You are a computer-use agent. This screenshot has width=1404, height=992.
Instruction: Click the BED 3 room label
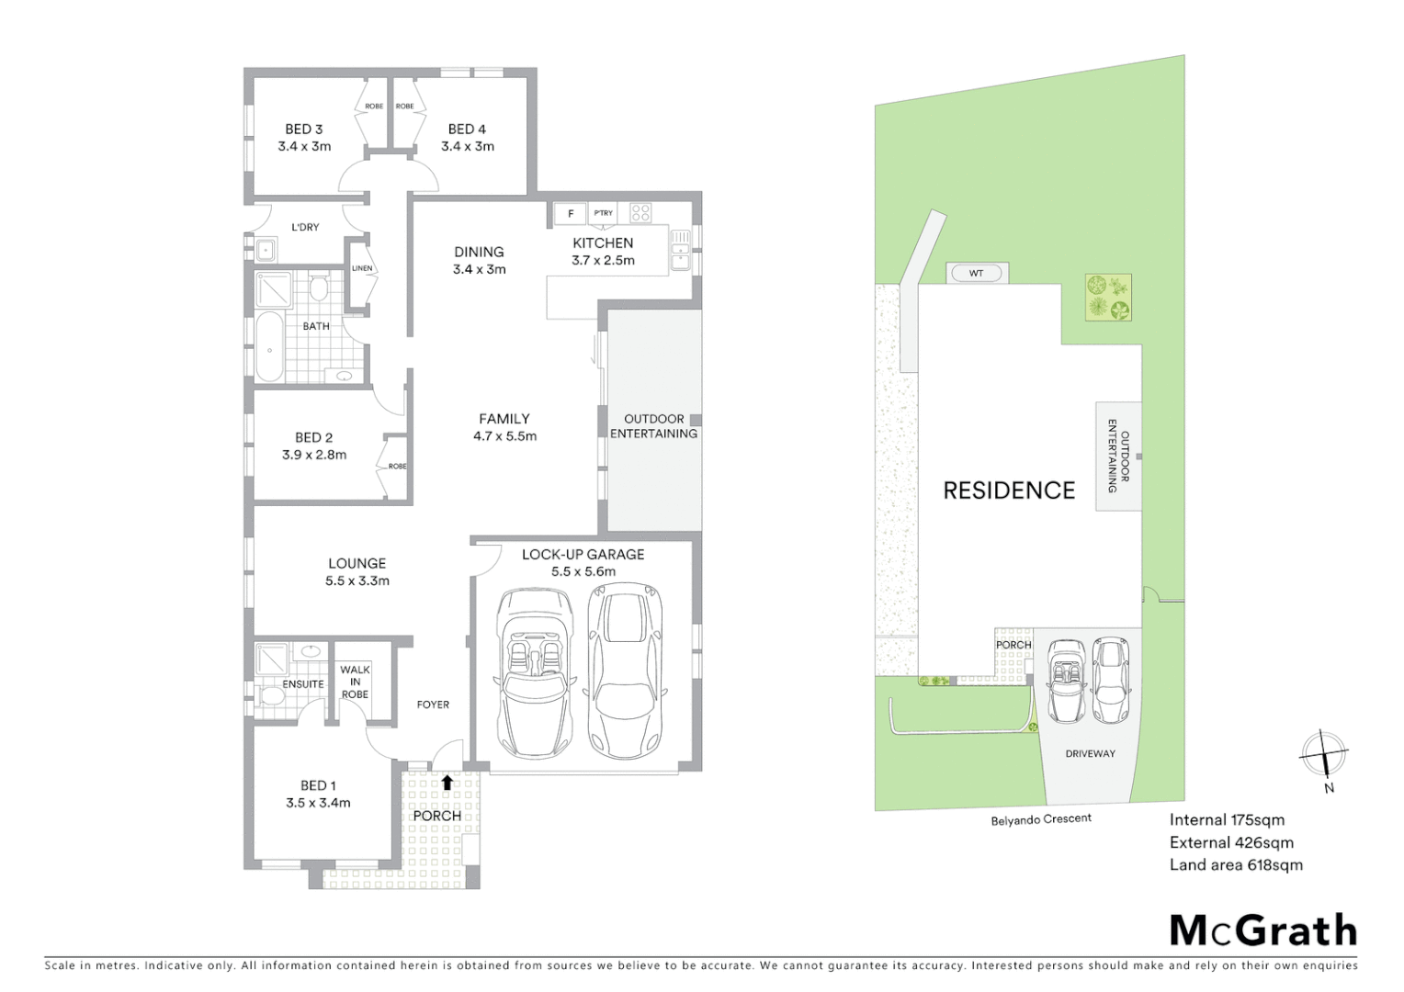(304, 130)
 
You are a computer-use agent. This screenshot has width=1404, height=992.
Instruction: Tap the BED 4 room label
(467, 130)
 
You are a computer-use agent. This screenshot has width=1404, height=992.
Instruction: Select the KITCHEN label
(603, 243)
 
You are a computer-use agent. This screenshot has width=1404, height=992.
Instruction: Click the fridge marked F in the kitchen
(571, 214)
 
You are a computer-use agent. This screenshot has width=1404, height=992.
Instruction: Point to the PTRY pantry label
(603, 213)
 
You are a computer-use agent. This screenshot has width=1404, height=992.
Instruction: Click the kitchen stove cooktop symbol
(640, 214)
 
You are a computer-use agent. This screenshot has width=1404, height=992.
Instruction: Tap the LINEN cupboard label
(362, 268)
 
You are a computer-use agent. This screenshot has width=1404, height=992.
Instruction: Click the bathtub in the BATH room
(269, 347)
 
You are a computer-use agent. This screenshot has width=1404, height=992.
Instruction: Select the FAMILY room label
(504, 419)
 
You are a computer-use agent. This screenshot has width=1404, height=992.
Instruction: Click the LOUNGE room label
(357, 564)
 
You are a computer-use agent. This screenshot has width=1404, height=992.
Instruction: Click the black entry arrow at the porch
(447, 783)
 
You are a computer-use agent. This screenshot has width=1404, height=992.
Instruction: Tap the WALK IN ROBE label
(355, 682)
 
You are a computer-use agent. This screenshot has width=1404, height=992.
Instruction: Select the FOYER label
(433, 705)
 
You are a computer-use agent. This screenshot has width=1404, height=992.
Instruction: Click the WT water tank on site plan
(977, 273)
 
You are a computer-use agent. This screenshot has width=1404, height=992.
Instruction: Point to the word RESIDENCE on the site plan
(1009, 490)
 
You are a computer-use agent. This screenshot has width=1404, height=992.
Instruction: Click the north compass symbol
(1323, 754)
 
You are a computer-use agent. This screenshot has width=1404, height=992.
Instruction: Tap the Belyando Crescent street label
(1041, 818)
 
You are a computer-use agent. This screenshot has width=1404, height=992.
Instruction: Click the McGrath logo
(1262, 930)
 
